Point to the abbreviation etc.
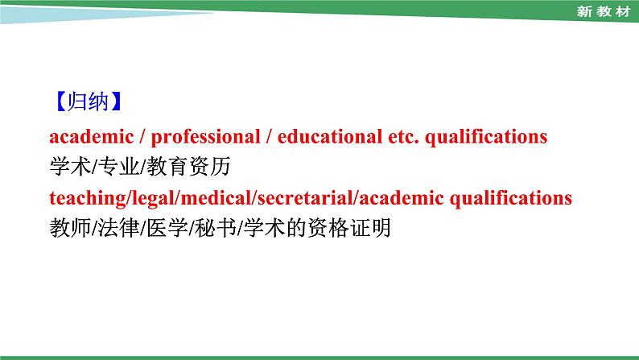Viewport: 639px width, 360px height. [x=395, y=136]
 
